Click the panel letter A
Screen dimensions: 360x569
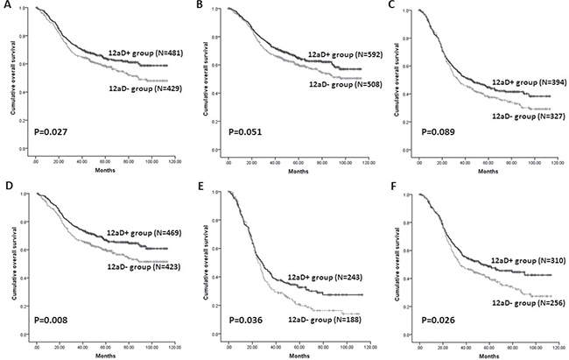tap(6, 6)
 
